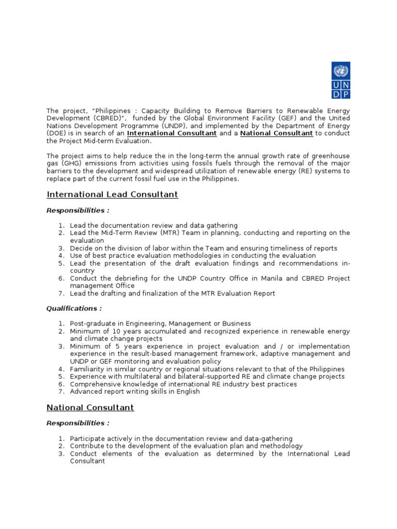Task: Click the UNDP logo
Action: (341, 80)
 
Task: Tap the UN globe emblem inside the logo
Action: (341, 71)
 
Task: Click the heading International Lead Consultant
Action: (112, 195)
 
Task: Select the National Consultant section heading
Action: (90, 408)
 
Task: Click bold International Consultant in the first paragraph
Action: (172, 133)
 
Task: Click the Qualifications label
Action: (74, 308)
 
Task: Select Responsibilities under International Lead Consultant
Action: (78, 210)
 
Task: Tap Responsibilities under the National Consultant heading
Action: (78, 423)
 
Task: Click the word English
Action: (188, 392)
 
